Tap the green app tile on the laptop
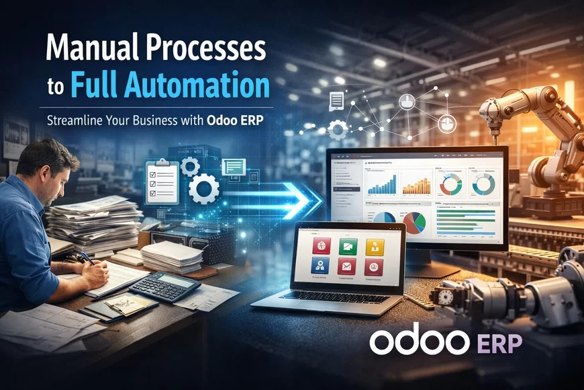(x=348, y=247)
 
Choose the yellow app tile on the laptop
(x=375, y=247)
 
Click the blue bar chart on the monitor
(x=381, y=184)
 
